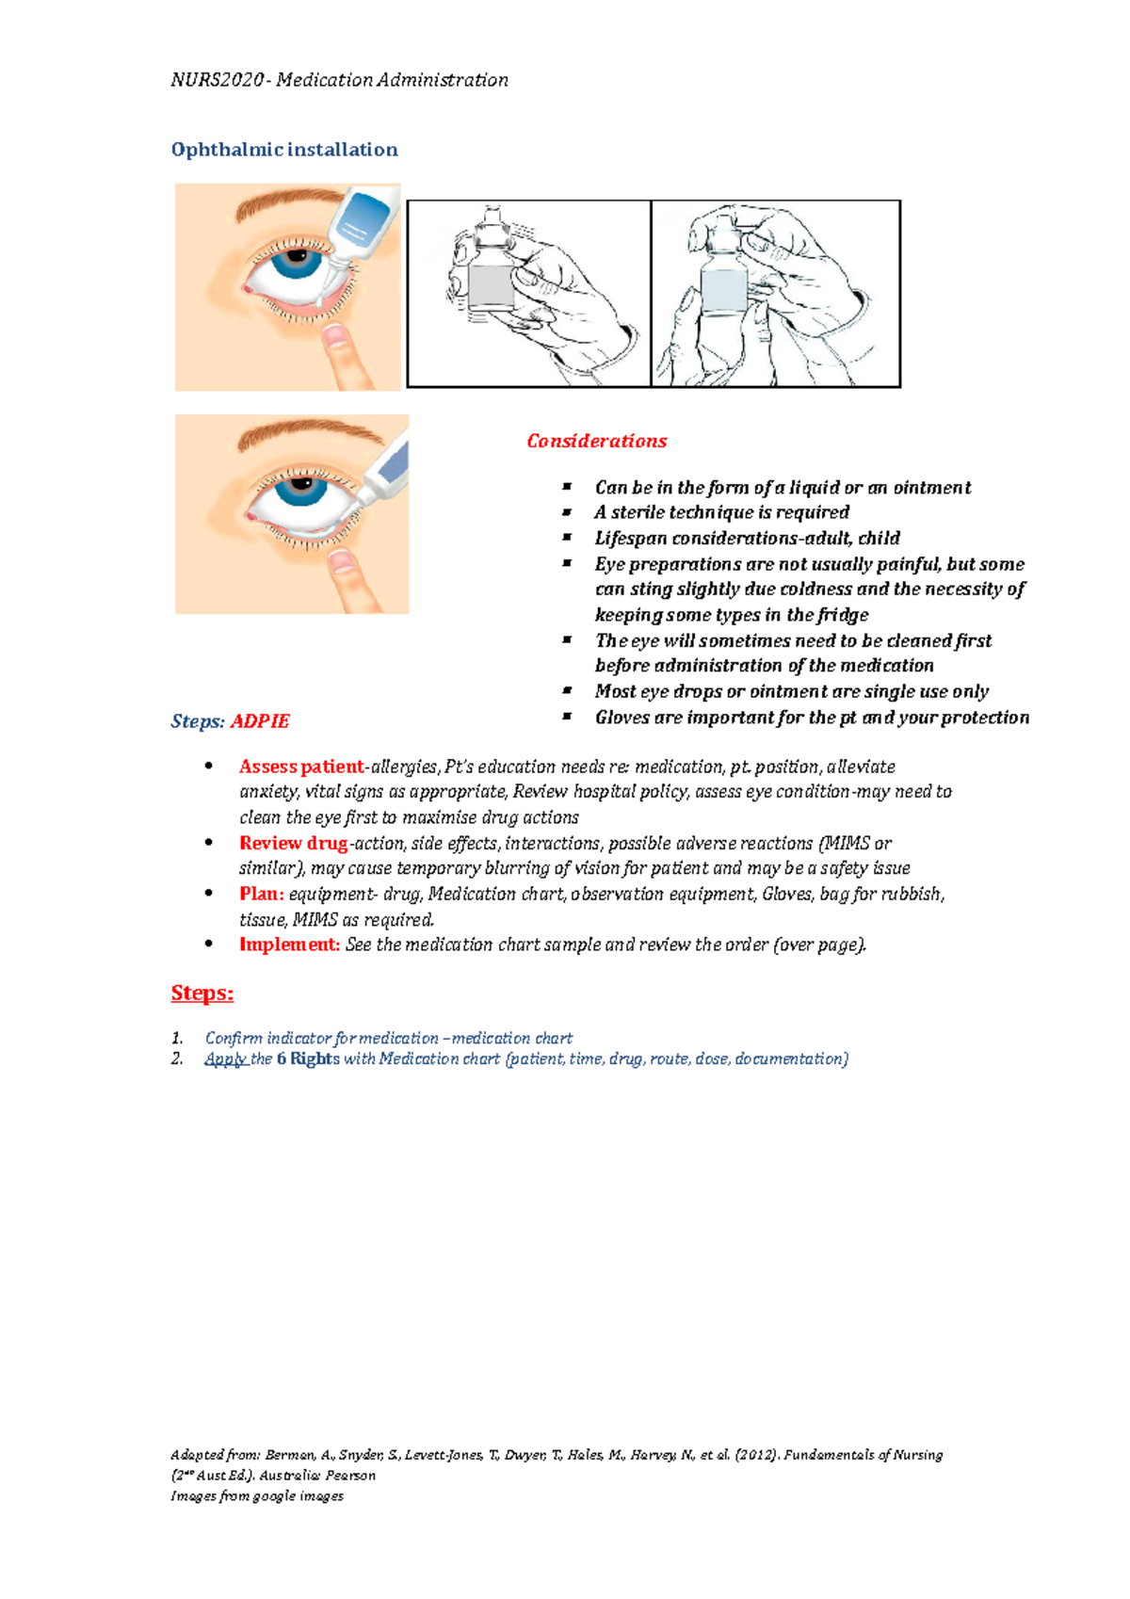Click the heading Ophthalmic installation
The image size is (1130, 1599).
point(283,150)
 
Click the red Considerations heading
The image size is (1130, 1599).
point(596,441)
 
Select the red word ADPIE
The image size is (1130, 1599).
point(260,721)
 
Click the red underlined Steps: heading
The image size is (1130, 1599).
point(202,993)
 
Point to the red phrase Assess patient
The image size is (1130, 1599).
point(300,767)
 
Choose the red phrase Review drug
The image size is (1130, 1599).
point(293,843)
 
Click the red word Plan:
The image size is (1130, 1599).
point(261,894)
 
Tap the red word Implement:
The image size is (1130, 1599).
point(289,945)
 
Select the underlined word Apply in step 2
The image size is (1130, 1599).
point(225,1058)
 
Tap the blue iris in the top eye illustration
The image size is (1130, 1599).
point(298,261)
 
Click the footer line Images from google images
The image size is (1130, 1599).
point(257,1495)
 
